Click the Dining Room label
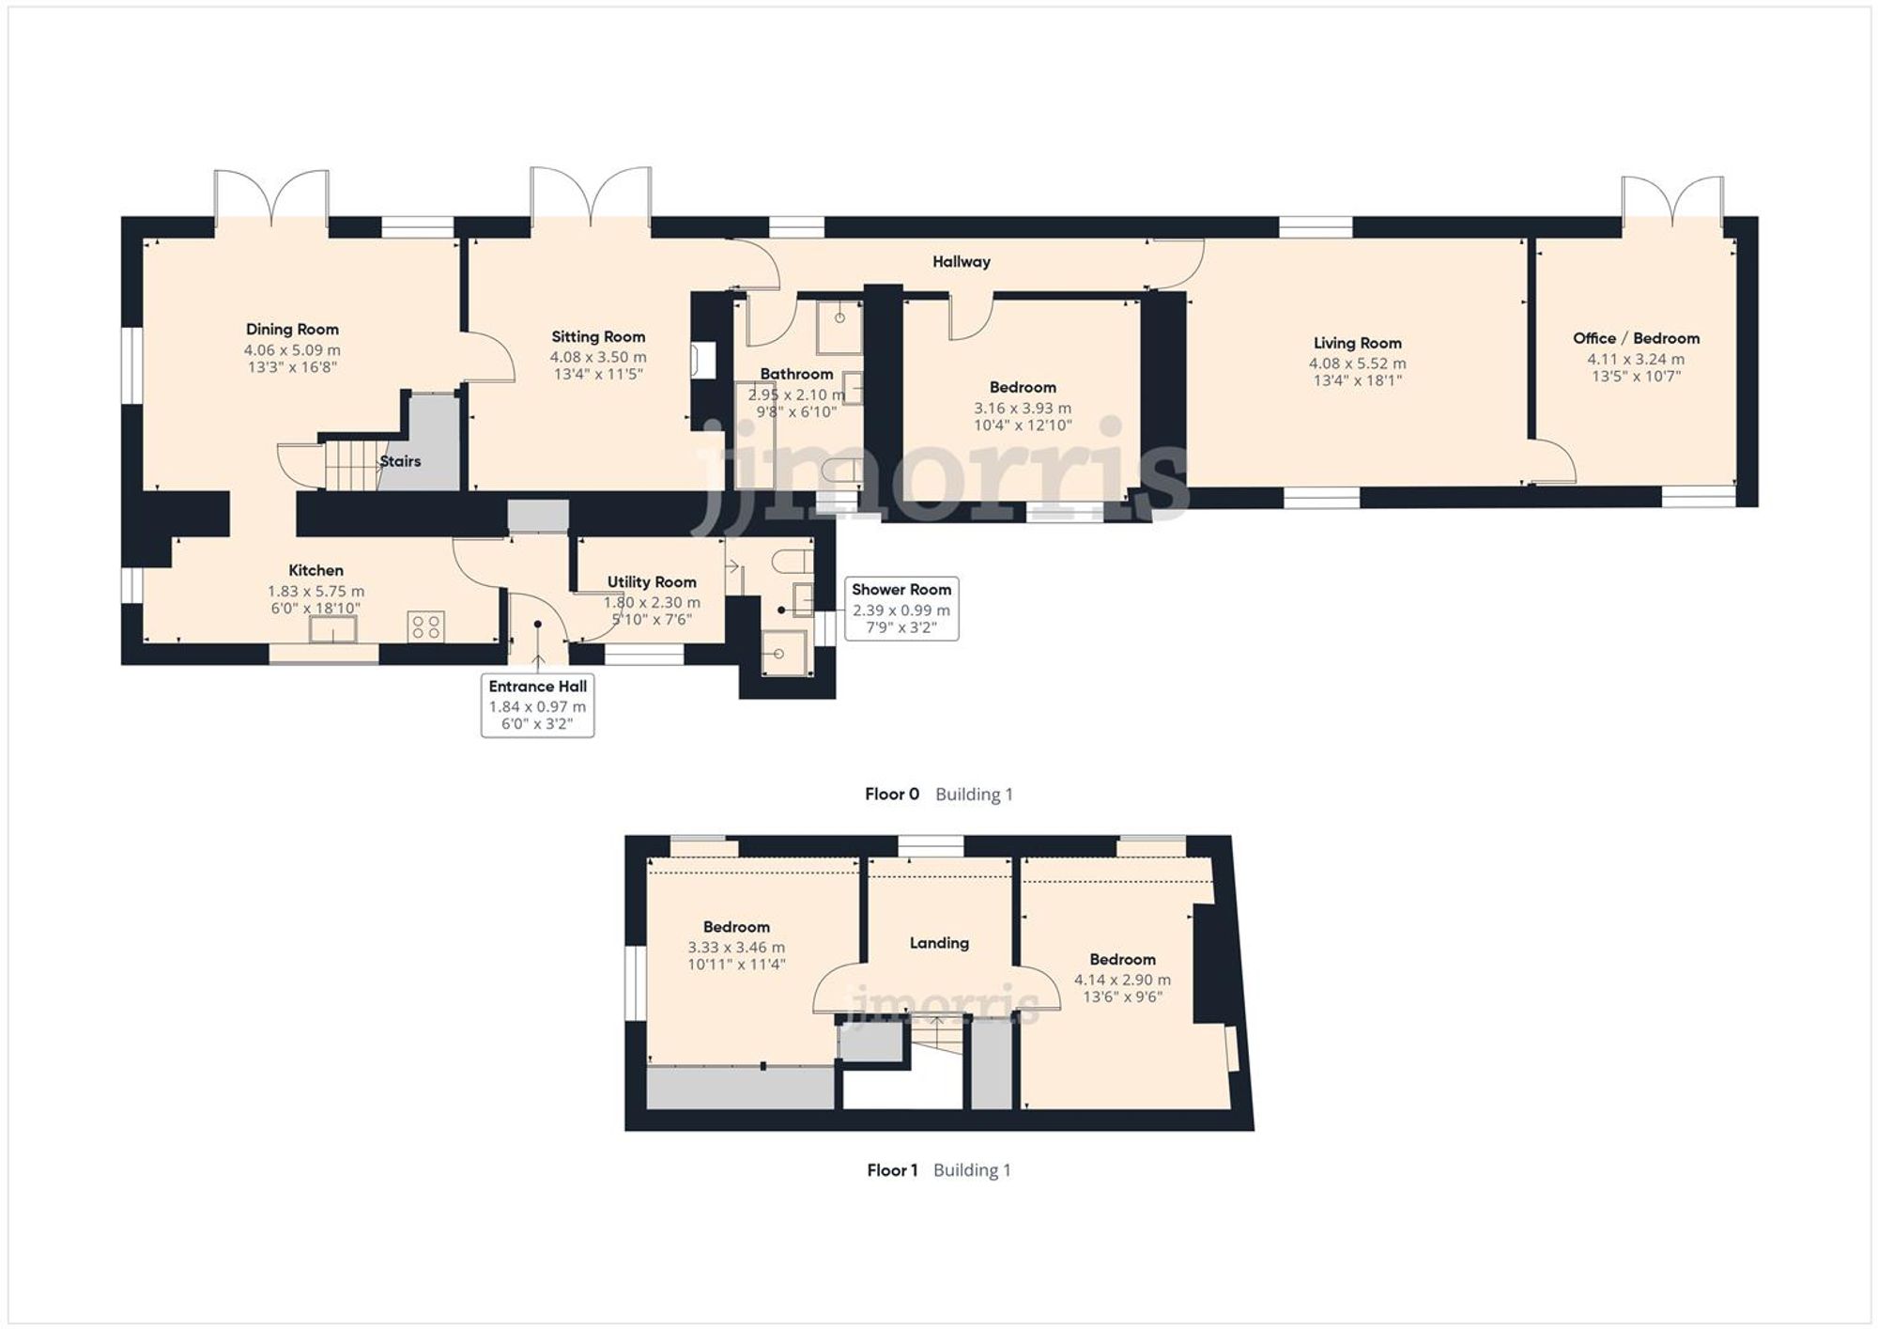click(292, 329)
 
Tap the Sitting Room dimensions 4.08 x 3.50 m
click(598, 357)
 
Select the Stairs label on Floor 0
click(400, 461)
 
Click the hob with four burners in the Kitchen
click(426, 626)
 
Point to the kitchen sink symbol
click(334, 630)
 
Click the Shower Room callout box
click(901, 608)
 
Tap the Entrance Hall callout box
click(537, 704)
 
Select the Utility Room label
click(652, 581)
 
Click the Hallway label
click(961, 262)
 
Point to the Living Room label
click(1357, 343)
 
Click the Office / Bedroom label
click(1636, 338)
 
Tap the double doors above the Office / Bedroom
click(1672, 201)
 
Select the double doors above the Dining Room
click(271, 197)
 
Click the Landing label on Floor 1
click(939, 943)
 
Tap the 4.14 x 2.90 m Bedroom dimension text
click(1122, 980)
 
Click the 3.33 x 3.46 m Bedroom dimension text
click(736, 948)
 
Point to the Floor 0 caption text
click(892, 795)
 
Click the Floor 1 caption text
click(892, 1170)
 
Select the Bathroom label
click(796, 374)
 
